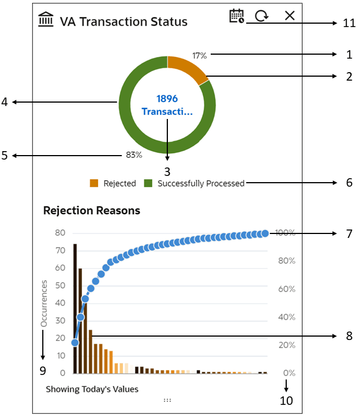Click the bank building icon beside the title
(46, 21)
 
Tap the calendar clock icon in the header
(237, 16)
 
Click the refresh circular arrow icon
(261, 16)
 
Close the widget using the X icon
(290, 16)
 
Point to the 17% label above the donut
(199, 55)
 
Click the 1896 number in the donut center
(167, 99)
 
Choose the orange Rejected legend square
(94, 183)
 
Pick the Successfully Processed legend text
(201, 183)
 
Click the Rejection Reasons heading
(92, 211)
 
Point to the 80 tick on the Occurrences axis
(60, 233)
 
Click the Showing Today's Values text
(92, 389)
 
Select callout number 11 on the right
(349, 23)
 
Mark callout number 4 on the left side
(5, 102)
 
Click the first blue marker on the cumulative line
(75, 342)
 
